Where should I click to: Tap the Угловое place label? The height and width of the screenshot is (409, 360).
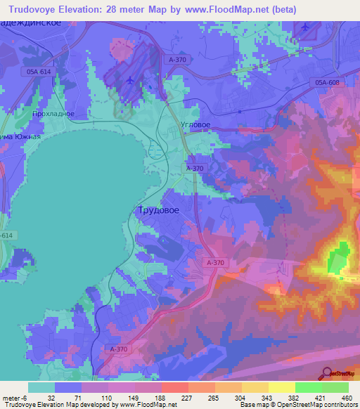[x=196, y=124]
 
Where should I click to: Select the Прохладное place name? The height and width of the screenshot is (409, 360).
[x=53, y=112]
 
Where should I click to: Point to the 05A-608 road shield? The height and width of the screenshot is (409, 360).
[x=327, y=83]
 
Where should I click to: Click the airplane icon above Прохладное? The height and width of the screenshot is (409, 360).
[x=130, y=79]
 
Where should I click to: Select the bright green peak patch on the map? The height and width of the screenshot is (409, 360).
[x=341, y=257]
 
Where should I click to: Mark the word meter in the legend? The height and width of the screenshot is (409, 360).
[x=12, y=397]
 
